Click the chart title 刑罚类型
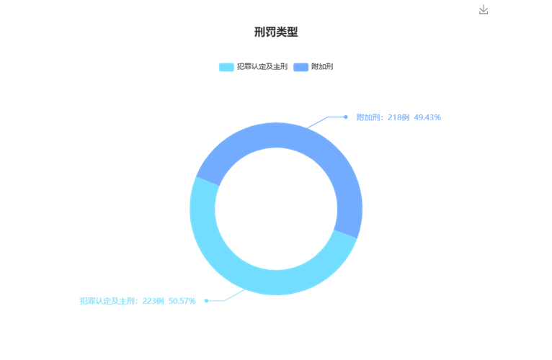pyautogui.click(x=276, y=32)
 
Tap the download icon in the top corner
pyautogui.click(x=484, y=9)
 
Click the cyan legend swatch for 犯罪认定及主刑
pyautogui.click(x=226, y=67)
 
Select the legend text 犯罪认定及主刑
pyautogui.click(x=262, y=66)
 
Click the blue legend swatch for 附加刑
pyautogui.click(x=301, y=67)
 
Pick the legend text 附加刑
pyautogui.click(x=322, y=66)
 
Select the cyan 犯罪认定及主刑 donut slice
pyautogui.click(x=246, y=274)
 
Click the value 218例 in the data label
pyautogui.click(x=399, y=117)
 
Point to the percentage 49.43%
pyautogui.click(x=427, y=117)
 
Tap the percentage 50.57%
pyautogui.click(x=182, y=301)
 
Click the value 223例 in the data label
pyautogui.click(x=153, y=301)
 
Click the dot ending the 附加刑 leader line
pyautogui.click(x=346, y=117)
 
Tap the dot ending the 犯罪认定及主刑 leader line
pyautogui.click(x=207, y=300)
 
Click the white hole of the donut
pyautogui.click(x=276, y=209)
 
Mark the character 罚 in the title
pyautogui.click(x=270, y=32)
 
